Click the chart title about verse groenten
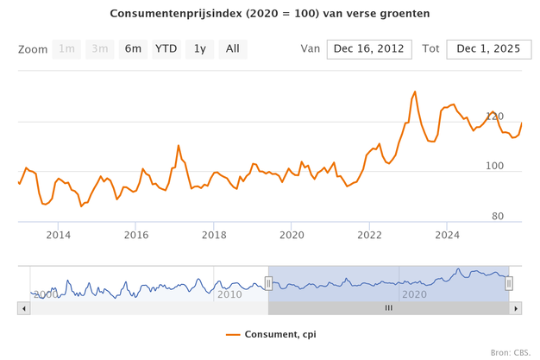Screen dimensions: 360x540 [x=270, y=15]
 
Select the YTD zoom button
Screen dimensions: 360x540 [x=166, y=49]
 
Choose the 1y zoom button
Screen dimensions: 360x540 [x=199, y=49]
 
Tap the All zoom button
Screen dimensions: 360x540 [x=232, y=49]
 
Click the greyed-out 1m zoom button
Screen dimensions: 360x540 [x=66, y=49]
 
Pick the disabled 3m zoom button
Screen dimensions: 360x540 [x=99, y=49]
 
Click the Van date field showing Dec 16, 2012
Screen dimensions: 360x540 [x=369, y=49]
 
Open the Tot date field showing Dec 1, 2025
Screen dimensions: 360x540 [x=488, y=49]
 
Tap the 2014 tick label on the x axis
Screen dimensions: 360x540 [x=58, y=235]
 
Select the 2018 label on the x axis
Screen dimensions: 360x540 [x=214, y=235]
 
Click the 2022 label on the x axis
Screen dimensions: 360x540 [x=369, y=235]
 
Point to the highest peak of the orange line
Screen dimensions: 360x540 [x=415, y=92]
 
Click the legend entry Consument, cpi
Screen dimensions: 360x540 [x=270, y=334]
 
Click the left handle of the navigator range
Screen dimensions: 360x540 [x=268, y=282]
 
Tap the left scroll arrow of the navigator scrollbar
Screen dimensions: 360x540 [x=24, y=307]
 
